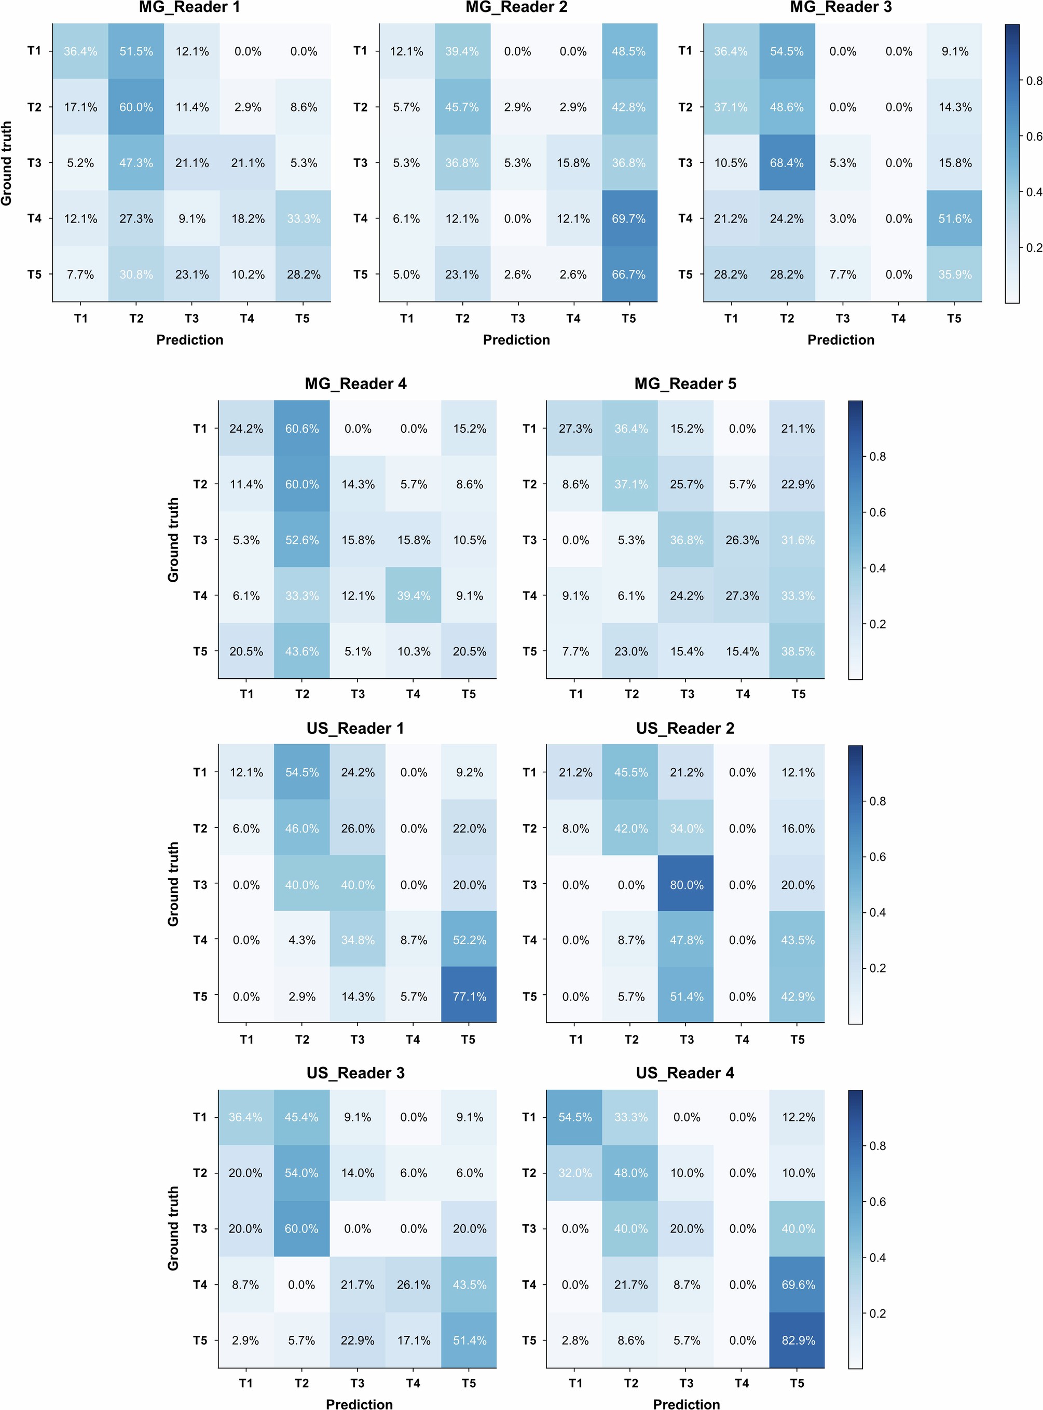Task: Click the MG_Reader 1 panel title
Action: pyautogui.click(x=189, y=8)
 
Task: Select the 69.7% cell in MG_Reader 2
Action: pyautogui.click(x=629, y=218)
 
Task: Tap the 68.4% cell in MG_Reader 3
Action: pyautogui.click(x=787, y=163)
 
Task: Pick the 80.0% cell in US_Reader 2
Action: pyautogui.click(x=687, y=885)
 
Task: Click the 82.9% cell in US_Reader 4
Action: pyautogui.click(x=798, y=1340)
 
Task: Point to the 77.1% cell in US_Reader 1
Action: pyautogui.click(x=469, y=996)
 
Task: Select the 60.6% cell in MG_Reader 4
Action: pyautogui.click(x=302, y=429)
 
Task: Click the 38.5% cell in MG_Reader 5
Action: pyautogui.click(x=798, y=651)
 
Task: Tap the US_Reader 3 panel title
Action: pyautogui.click(x=355, y=1073)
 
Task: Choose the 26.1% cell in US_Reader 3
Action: pyautogui.click(x=414, y=1284)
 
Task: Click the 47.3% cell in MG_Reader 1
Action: pyautogui.click(x=136, y=163)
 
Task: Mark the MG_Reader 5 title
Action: pyautogui.click(x=685, y=384)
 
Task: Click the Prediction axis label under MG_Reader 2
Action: pyautogui.click(x=516, y=340)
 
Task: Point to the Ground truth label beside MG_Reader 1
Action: pyautogui.click(x=7, y=163)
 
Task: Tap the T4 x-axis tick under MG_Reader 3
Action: pyautogui.click(x=898, y=318)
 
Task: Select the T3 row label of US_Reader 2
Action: pyautogui.click(x=529, y=885)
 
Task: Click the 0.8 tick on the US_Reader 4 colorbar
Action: pyautogui.click(x=877, y=1145)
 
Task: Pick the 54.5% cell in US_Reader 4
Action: pyautogui.click(x=575, y=1117)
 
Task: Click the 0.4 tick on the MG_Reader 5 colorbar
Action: pyautogui.click(x=877, y=568)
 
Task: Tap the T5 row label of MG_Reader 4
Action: pyautogui.click(x=200, y=651)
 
